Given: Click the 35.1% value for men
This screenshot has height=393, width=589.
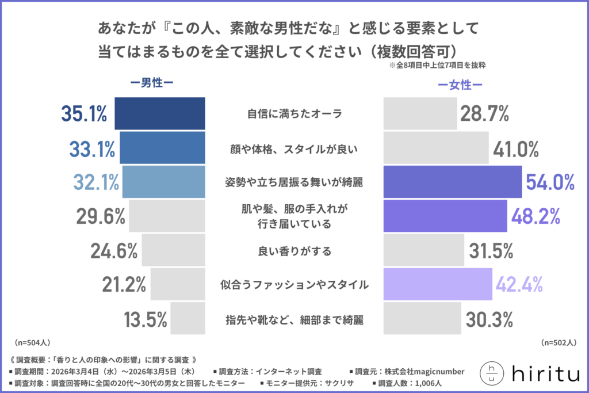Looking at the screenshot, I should (x=84, y=114).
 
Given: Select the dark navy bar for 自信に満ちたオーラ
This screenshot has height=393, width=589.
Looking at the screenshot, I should (x=160, y=113).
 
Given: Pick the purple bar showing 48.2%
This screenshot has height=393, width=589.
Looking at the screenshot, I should (x=445, y=216).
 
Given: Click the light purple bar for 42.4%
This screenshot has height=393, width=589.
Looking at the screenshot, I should (x=438, y=284).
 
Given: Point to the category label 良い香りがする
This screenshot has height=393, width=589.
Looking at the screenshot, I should (x=294, y=250).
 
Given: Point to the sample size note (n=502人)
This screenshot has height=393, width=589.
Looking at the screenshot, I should (x=559, y=342).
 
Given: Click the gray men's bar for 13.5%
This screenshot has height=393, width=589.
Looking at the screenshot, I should (x=188, y=318).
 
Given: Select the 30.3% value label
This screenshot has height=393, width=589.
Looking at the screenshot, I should (x=488, y=318).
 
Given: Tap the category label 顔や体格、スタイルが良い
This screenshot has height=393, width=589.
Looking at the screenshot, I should (x=294, y=148).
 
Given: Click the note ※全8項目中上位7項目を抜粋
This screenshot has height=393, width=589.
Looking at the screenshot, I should (x=437, y=66).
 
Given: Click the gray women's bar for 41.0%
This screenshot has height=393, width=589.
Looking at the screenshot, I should (x=435, y=148).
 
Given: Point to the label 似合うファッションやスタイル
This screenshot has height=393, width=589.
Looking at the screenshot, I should (x=294, y=284).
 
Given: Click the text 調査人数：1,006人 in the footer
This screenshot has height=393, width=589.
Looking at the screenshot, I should (x=411, y=383).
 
